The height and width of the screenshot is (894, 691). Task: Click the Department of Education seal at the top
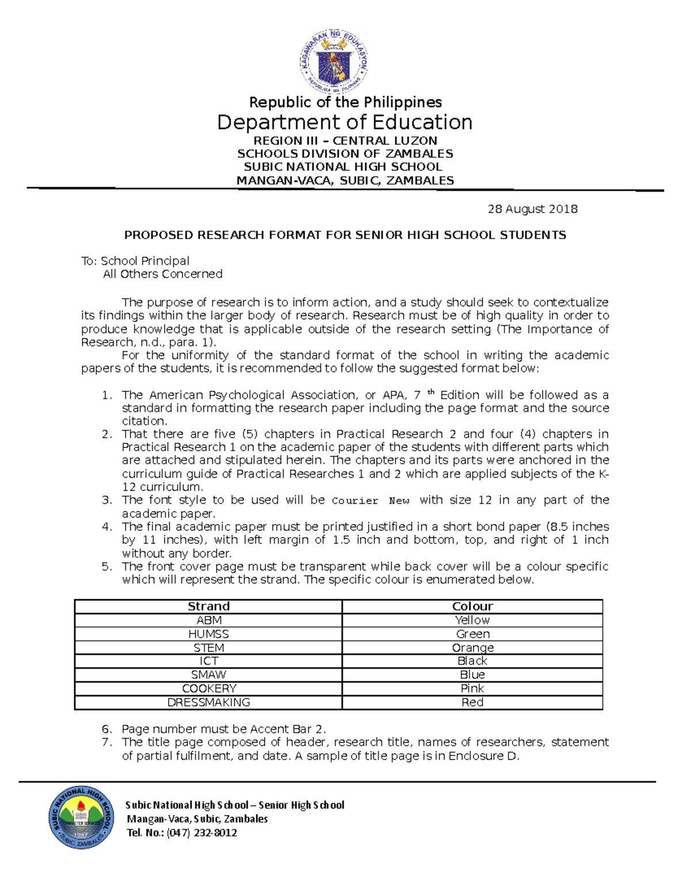click(x=333, y=62)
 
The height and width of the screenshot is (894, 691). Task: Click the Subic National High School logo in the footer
click(x=81, y=817)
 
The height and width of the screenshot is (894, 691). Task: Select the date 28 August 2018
click(x=532, y=209)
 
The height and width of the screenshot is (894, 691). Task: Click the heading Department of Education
click(x=344, y=122)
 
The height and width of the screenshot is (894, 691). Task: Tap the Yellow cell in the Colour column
click(x=472, y=620)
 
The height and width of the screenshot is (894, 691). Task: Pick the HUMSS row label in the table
click(x=208, y=634)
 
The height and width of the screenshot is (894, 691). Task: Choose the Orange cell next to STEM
click(x=472, y=648)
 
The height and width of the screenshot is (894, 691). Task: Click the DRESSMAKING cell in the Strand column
click(x=208, y=702)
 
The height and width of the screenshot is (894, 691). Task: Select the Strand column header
click(x=208, y=606)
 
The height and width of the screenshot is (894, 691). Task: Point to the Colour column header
click(x=472, y=606)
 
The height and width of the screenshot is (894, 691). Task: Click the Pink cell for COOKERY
click(x=472, y=688)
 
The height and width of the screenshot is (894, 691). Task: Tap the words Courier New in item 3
click(x=370, y=501)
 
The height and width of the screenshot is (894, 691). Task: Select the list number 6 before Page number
click(x=107, y=729)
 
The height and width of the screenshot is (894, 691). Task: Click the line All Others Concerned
click(x=162, y=274)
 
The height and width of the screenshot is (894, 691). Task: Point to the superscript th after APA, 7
click(x=431, y=392)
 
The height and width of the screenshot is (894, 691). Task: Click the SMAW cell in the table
click(x=208, y=675)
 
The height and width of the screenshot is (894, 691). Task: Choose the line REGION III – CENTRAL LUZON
click(x=345, y=140)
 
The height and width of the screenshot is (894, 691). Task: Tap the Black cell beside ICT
click(x=472, y=661)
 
